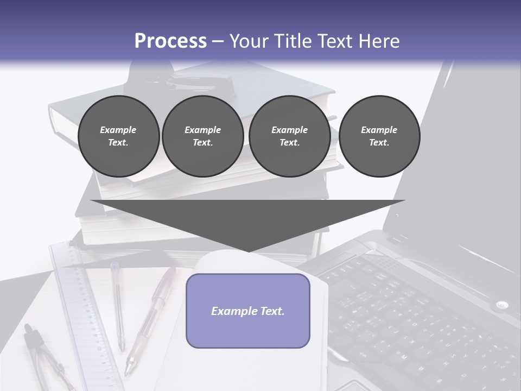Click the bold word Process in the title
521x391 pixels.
[170, 41]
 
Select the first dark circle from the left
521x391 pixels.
[118, 136]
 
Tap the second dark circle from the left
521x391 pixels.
[202, 136]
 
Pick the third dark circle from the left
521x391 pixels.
[289, 136]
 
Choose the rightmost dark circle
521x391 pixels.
[379, 136]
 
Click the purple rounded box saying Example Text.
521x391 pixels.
[247, 311]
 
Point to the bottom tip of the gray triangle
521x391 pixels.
[248, 251]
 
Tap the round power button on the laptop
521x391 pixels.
[501, 305]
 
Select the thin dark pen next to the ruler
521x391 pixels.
[118, 304]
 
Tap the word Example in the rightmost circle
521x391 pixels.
[379, 130]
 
